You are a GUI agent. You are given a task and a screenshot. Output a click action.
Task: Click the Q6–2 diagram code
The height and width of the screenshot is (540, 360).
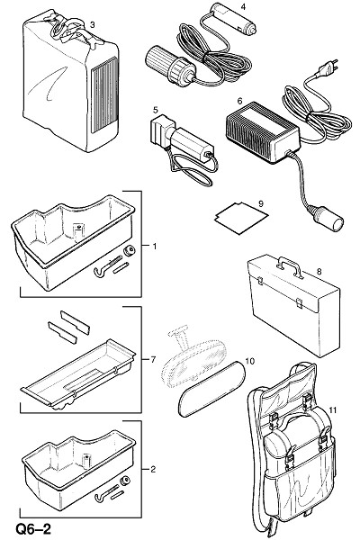pos(32,529)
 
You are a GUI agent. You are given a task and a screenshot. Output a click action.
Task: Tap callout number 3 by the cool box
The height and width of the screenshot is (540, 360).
pos(93,24)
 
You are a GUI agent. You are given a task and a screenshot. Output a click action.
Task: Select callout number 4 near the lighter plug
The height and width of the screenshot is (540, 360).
pos(243,6)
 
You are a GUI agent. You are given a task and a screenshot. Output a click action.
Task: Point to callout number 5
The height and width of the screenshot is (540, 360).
pos(156,110)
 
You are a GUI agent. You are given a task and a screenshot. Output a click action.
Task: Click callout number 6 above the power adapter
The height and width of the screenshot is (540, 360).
pos(239,101)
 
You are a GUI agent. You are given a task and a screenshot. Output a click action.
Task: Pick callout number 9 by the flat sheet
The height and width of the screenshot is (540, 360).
pos(261,203)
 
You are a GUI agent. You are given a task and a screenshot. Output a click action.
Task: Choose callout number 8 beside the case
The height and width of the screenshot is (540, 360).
pos(319,272)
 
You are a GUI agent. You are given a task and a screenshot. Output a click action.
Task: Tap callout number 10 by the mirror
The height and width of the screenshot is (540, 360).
pos(250,361)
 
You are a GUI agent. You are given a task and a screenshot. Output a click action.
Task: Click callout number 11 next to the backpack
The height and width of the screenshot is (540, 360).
pos(332,409)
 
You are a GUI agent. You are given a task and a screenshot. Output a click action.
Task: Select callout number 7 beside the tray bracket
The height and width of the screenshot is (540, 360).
pos(153,359)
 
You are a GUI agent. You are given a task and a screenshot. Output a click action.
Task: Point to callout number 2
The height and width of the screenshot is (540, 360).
pos(153,469)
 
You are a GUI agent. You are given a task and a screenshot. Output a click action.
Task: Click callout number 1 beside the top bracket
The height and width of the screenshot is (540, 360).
pos(155,247)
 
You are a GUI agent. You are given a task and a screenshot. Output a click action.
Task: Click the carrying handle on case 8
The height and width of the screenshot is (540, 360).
pos(290,265)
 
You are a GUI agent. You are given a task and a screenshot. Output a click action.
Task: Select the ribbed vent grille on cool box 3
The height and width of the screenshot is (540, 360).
pos(104,95)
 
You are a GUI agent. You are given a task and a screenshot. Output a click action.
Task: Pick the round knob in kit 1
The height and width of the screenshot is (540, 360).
pos(130,251)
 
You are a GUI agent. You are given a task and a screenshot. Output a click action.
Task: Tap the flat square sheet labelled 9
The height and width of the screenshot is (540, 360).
pos(241,219)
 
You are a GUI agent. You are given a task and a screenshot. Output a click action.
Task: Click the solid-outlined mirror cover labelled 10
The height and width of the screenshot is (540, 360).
pos(211,388)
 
